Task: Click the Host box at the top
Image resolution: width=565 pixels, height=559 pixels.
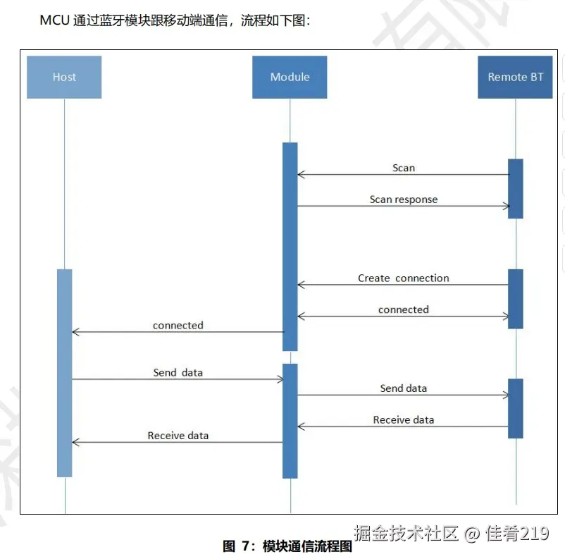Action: [x=64, y=77]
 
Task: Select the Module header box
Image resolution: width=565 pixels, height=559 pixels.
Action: [x=290, y=77]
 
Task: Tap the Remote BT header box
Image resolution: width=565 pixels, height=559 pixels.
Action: [x=515, y=77]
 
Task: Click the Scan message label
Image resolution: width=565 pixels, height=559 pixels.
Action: [x=404, y=168]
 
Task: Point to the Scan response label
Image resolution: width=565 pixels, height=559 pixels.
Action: [x=404, y=199]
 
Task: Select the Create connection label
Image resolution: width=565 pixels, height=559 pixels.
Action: [x=404, y=278]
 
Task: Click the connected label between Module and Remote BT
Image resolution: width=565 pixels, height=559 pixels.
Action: [x=404, y=309]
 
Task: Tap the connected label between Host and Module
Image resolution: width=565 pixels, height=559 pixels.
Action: [x=178, y=326]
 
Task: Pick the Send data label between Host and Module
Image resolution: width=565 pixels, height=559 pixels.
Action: [x=178, y=372]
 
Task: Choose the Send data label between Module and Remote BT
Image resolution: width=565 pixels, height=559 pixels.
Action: [x=404, y=388]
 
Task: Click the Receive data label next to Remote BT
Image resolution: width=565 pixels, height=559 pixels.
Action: [x=404, y=420]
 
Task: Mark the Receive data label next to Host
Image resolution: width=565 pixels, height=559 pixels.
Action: [x=178, y=436]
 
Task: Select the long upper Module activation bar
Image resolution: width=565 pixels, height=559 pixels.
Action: [x=290, y=246]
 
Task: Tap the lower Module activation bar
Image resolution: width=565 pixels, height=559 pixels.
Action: [x=290, y=421]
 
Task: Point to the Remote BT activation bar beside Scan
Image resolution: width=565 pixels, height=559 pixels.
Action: [x=516, y=188]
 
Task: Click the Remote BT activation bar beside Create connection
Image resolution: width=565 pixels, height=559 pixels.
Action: [x=516, y=298]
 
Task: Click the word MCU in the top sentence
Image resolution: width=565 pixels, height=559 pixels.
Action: [x=54, y=20]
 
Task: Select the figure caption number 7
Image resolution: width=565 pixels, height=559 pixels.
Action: [x=246, y=546]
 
